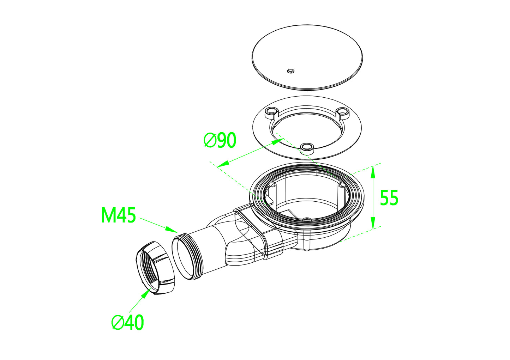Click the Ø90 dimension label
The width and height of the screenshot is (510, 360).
[220, 140]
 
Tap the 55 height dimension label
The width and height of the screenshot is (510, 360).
[389, 197]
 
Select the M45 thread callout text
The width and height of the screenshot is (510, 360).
[118, 215]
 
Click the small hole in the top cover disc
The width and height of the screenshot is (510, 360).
[290, 71]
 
